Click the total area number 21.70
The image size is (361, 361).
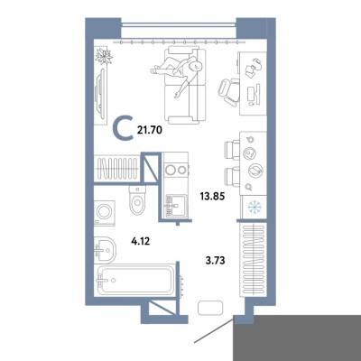pos(150,130)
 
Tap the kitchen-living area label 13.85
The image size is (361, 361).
pos(213,197)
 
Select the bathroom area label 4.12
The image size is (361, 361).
pos(141,241)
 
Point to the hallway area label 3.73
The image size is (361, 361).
pos(215,261)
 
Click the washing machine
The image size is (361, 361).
pos(105,213)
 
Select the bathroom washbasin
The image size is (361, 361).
pos(105,249)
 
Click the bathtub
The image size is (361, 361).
pos(134,280)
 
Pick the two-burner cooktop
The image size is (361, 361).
pos(176,170)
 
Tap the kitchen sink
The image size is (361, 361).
pos(175,206)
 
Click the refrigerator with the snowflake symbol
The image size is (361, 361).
pos(254,207)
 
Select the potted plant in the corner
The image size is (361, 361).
pos(103,55)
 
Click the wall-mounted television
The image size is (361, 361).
pos(100,94)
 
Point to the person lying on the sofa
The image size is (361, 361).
pos(179,73)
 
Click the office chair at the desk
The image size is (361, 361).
pos(229,91)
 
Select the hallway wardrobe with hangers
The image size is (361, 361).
pos(254,260)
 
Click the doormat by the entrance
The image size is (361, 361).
pos(210,308)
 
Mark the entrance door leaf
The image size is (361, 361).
pos(213,331)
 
